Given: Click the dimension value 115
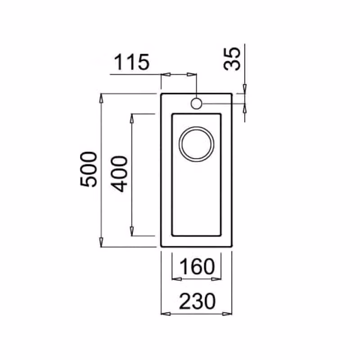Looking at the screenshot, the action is tap(131, 62).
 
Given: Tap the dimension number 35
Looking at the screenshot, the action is tap(232, 58).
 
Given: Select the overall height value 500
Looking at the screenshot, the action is tap(89, 170).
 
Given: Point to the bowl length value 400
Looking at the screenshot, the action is tap(119, 174).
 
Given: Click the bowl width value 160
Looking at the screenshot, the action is tap(197, 266).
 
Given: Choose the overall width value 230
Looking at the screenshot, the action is tap(198, 301).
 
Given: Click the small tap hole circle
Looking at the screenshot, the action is tap(196, 103).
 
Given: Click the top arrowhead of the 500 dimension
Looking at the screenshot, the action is tap(101, 98).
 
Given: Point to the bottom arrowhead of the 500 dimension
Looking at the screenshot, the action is tap(101, 243).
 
